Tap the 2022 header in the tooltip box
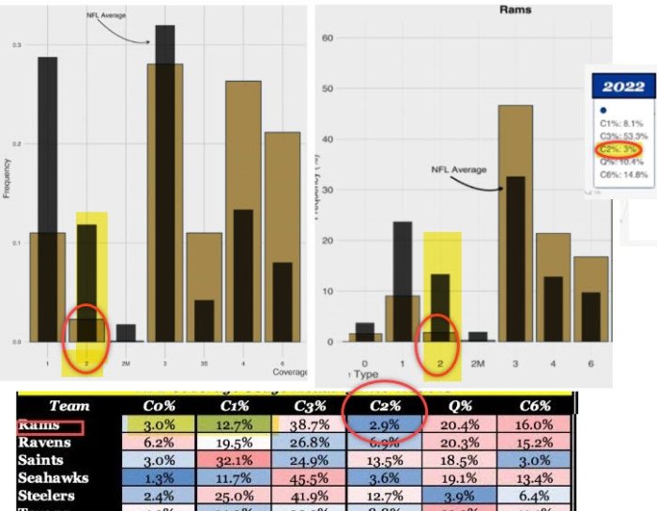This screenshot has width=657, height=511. coord(622,87)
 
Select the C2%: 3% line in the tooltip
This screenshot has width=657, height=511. coord(621,148)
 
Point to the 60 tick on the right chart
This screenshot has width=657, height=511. coord(328,39)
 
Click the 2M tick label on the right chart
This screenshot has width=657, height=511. coord(477,362)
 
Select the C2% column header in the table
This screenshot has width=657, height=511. coord(385,406)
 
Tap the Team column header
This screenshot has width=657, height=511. coord(69,406)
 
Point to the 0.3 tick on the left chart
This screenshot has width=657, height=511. coord(17,45)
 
